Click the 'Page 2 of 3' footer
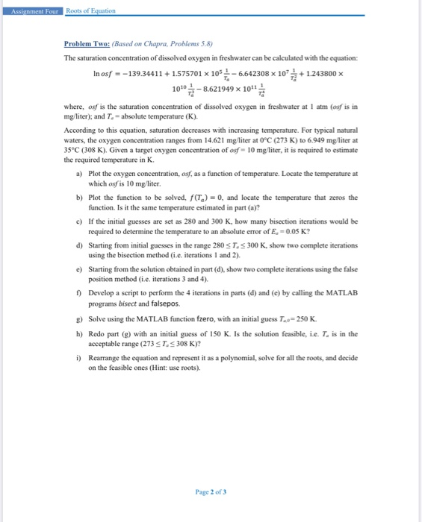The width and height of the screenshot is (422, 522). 210,491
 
